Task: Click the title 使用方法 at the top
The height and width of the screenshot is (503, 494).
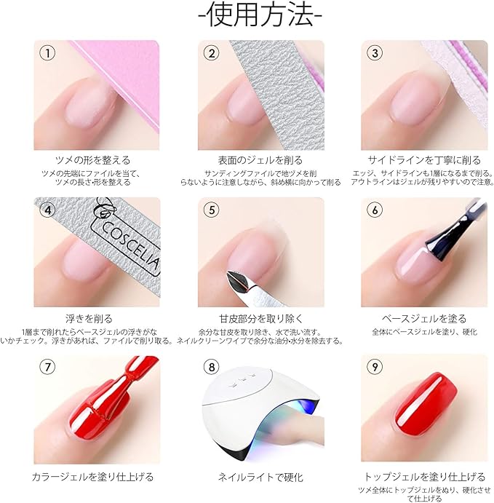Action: (248, 16)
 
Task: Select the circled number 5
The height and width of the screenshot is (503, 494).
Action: (211, 210)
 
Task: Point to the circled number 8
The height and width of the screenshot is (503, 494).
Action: (211, 368)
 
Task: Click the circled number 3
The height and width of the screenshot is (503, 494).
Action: (375, 53)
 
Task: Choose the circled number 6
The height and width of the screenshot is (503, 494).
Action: (375, 210)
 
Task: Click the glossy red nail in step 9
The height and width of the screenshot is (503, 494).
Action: (429, 404)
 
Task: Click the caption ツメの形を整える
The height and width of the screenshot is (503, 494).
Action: (93, 160)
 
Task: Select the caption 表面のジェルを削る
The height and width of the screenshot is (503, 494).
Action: (260, 160)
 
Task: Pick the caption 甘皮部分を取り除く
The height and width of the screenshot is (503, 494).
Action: (260, 318)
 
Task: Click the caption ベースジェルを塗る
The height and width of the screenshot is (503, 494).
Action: (424, 318)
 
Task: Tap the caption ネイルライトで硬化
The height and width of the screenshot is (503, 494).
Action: (260, 477)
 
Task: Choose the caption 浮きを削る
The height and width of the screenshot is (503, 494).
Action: (93, 318)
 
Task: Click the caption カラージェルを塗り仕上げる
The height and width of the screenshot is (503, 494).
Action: (93, 477)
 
